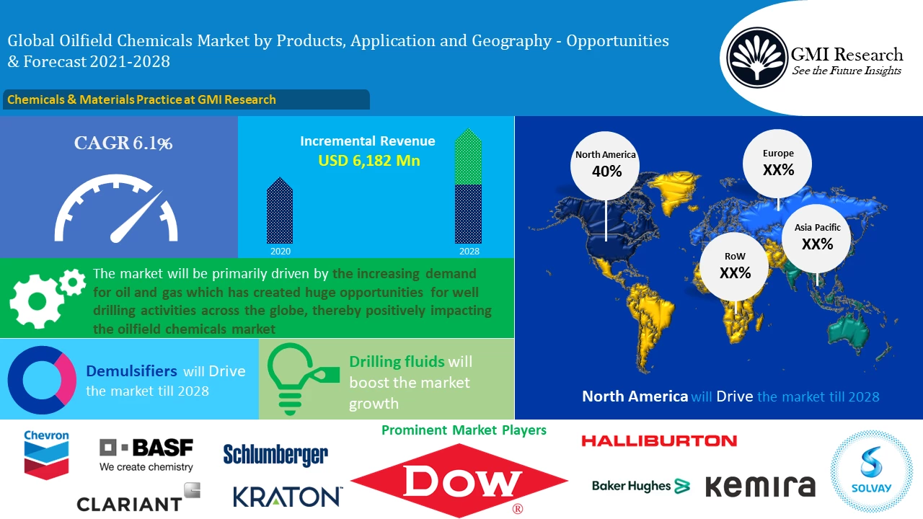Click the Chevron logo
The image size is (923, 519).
click(x=46, y=455)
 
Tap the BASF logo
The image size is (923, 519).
click(x=146, y=455)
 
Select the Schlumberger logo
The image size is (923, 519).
click(x=275, y=455)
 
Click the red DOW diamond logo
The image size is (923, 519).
click(x=460, y=480)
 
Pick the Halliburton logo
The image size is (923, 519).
click(x=659, y=440)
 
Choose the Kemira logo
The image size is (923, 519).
click(x=760, y=486)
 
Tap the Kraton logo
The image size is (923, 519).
click(x=288, y=496)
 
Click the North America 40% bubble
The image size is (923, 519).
click(x=606, y=164)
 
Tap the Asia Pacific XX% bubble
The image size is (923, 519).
click(x=817, y=237)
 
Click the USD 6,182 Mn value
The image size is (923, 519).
click(x=368, y=160)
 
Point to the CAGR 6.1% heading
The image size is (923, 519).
click(x=123, y=143)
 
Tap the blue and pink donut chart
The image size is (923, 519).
click(x=42, y=380)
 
